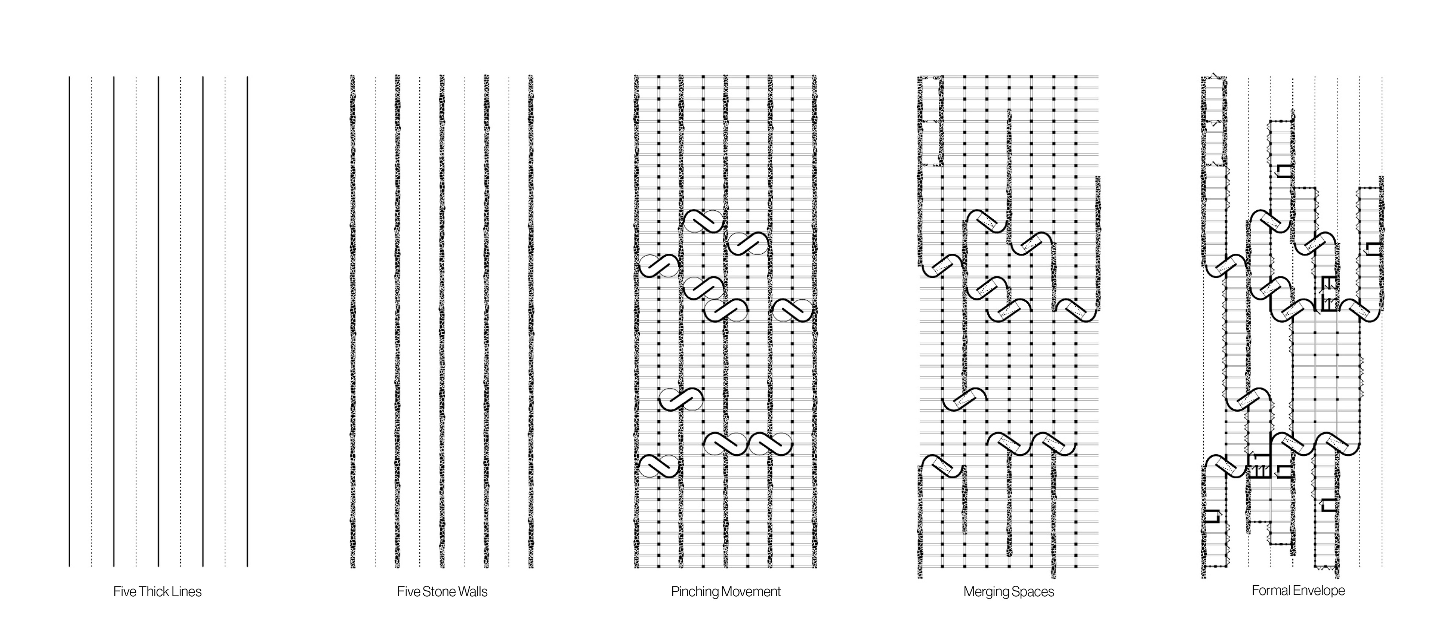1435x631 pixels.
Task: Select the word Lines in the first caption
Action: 186,592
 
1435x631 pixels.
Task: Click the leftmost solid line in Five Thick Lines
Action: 69,321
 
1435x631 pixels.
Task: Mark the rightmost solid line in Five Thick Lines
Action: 247,321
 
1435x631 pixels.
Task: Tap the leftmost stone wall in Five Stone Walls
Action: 352,321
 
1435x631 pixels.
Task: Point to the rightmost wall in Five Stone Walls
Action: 530,321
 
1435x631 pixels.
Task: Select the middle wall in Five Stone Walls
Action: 441,321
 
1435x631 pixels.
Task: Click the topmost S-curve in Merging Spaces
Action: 987,221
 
